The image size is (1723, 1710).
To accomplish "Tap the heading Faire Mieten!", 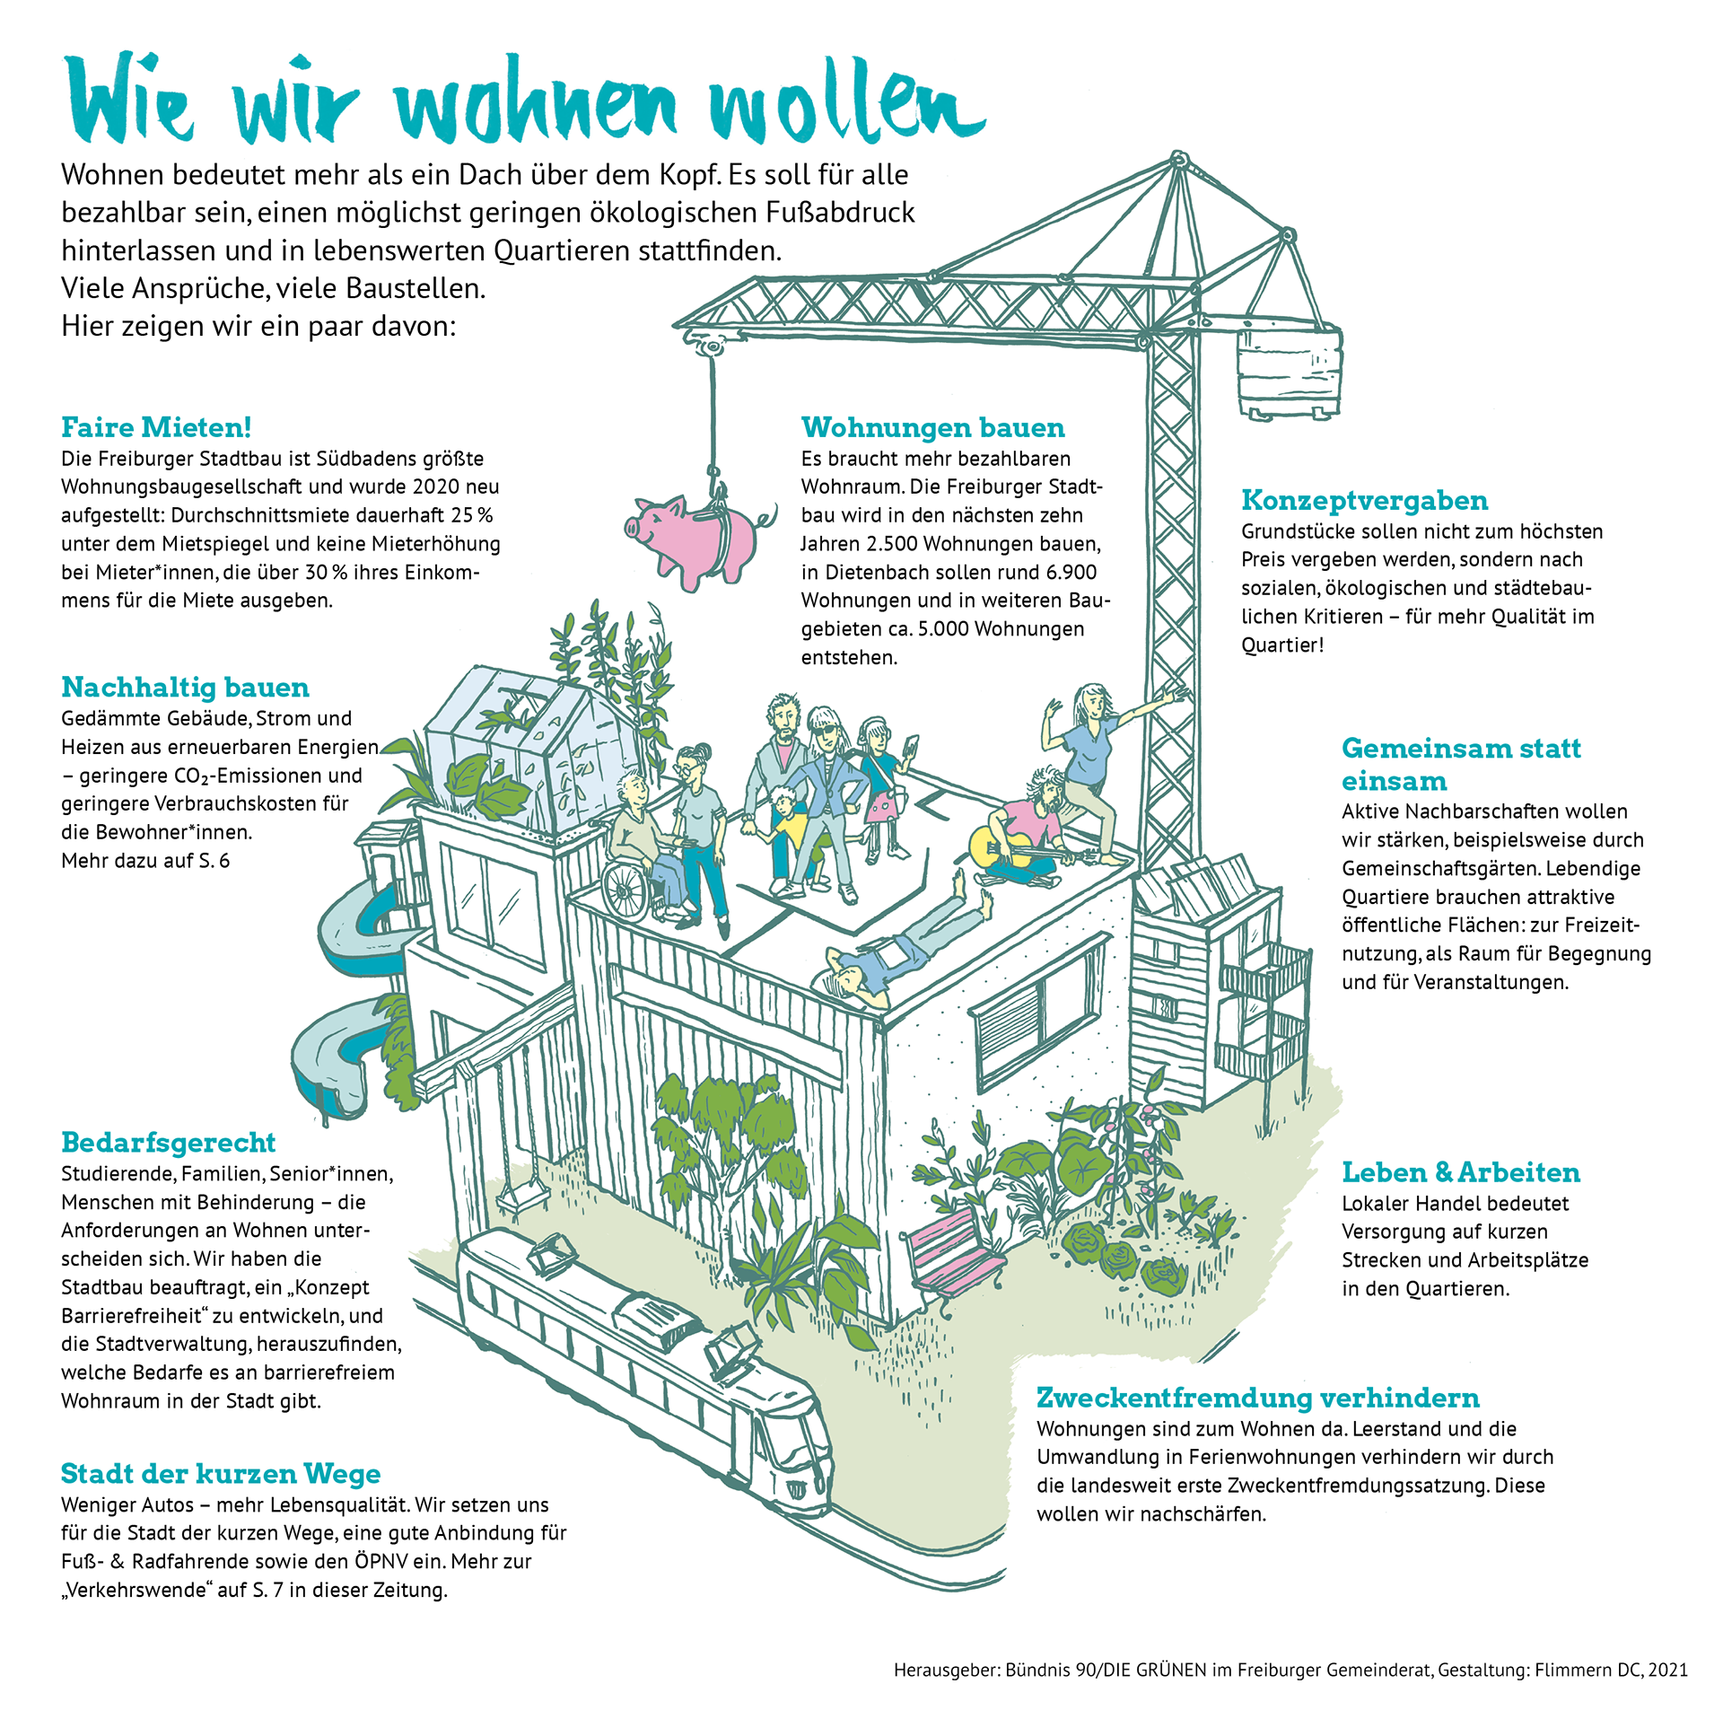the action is [156, 427].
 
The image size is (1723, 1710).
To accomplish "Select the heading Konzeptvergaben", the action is [1364, 501].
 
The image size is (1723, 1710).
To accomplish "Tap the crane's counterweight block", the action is [1290, 369].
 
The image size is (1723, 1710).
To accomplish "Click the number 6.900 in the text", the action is [1071, 573].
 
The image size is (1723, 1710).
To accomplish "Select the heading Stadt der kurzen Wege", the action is [221, 1474].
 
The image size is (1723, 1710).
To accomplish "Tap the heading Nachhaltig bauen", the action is [185, 688].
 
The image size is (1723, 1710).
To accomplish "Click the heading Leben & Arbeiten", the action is [1461, 1173].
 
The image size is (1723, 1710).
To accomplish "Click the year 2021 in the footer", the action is [1668, 1671].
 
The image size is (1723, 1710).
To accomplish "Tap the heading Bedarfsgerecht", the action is [168, 1143].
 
